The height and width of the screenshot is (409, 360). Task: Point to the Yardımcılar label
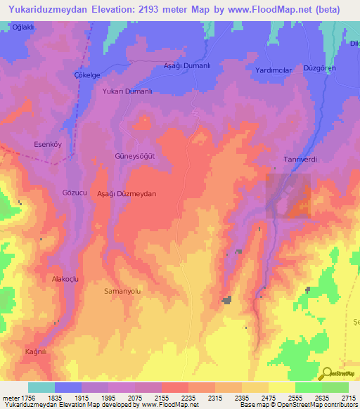(x=274, y=70)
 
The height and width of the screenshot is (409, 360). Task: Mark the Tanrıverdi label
(x=300, y=160)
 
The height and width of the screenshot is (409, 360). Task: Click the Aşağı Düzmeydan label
(x=126, y=193)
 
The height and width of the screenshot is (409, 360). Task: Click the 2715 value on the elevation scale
(x=348, y=398)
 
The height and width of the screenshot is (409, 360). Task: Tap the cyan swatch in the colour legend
(x=41, y=387)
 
